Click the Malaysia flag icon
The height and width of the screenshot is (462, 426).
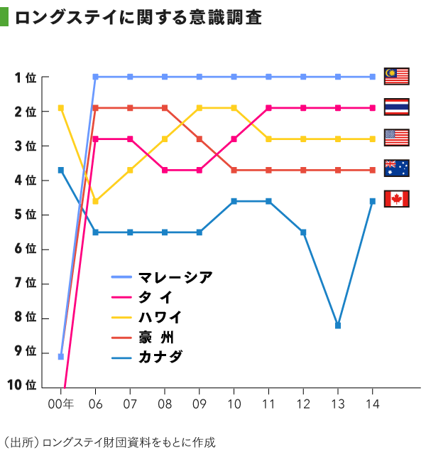(397, 76)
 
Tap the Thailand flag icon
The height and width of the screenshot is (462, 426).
(397, 107)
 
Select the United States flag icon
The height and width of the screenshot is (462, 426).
(397, 137)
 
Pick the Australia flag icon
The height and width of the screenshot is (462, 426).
(397, 168)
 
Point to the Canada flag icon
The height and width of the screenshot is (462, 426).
(397, 198)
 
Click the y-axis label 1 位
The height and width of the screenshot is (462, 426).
(25, 77)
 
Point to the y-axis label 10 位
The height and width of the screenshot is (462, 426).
(21, 385)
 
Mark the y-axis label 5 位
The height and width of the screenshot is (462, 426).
(25, 214)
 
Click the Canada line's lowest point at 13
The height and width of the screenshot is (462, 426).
(338, 326)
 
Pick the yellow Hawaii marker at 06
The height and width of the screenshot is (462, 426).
(96, 201)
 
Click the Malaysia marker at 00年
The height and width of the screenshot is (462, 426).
(61, 357)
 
